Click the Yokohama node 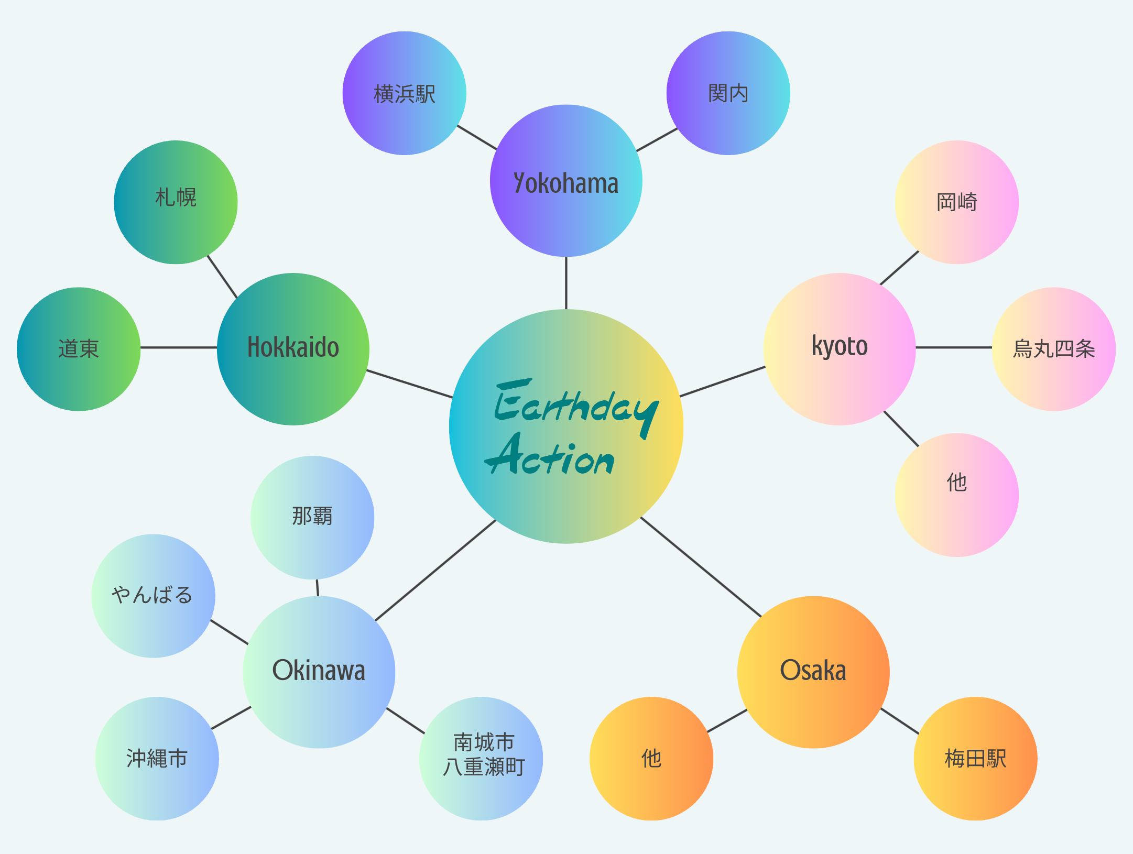566,181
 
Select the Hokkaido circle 293,348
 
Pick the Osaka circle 813,672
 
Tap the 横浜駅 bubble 404,93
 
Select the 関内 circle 728,93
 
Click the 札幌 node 176,202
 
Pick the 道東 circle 79,348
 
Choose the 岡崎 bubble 956,202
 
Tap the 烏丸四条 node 1053,348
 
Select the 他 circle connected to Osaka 651,758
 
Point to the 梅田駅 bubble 975,758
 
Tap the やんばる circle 153,596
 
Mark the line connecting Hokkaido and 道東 178,347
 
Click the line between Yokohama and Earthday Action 566,283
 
